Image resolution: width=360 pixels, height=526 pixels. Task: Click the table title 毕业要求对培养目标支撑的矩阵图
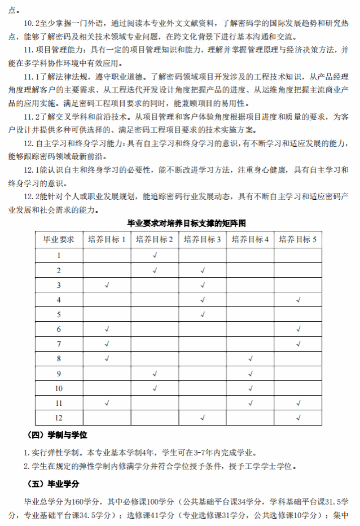(x=180, y=223)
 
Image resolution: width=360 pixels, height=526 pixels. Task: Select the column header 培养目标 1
(x=107, y=239)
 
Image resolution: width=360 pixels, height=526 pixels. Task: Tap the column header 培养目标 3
(x=202, y=239)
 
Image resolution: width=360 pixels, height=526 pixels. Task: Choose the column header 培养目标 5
(x=298, y=239)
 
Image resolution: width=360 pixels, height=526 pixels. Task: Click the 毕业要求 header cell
(x=59, y=239)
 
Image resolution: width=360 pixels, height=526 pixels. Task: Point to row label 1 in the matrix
(x=59, y=255)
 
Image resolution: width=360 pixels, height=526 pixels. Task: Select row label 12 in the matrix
(x=59, y=418)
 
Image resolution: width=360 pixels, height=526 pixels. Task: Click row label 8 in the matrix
(x=59, y=358)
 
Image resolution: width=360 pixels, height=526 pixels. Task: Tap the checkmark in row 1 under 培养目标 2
(x=155, y=255)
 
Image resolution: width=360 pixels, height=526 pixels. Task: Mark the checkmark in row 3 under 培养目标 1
(x=107, y=285)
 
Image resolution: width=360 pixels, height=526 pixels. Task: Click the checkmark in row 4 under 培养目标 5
(x=298, y=300)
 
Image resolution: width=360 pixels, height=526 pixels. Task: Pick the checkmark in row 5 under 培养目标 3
(x=202, y=314)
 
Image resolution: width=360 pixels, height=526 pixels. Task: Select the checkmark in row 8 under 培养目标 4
(x=250, y=358)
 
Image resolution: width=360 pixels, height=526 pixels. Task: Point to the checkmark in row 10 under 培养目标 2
(x=155, y=388)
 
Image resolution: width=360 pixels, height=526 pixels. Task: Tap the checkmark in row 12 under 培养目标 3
(x=202, y=418)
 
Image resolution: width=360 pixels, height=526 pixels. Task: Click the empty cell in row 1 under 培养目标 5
(x=298, y=255)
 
